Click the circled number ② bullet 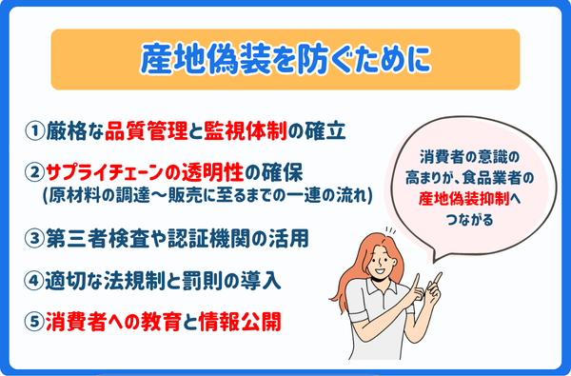[32, 173]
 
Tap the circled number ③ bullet [32, 235]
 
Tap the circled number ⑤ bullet [32, 322]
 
